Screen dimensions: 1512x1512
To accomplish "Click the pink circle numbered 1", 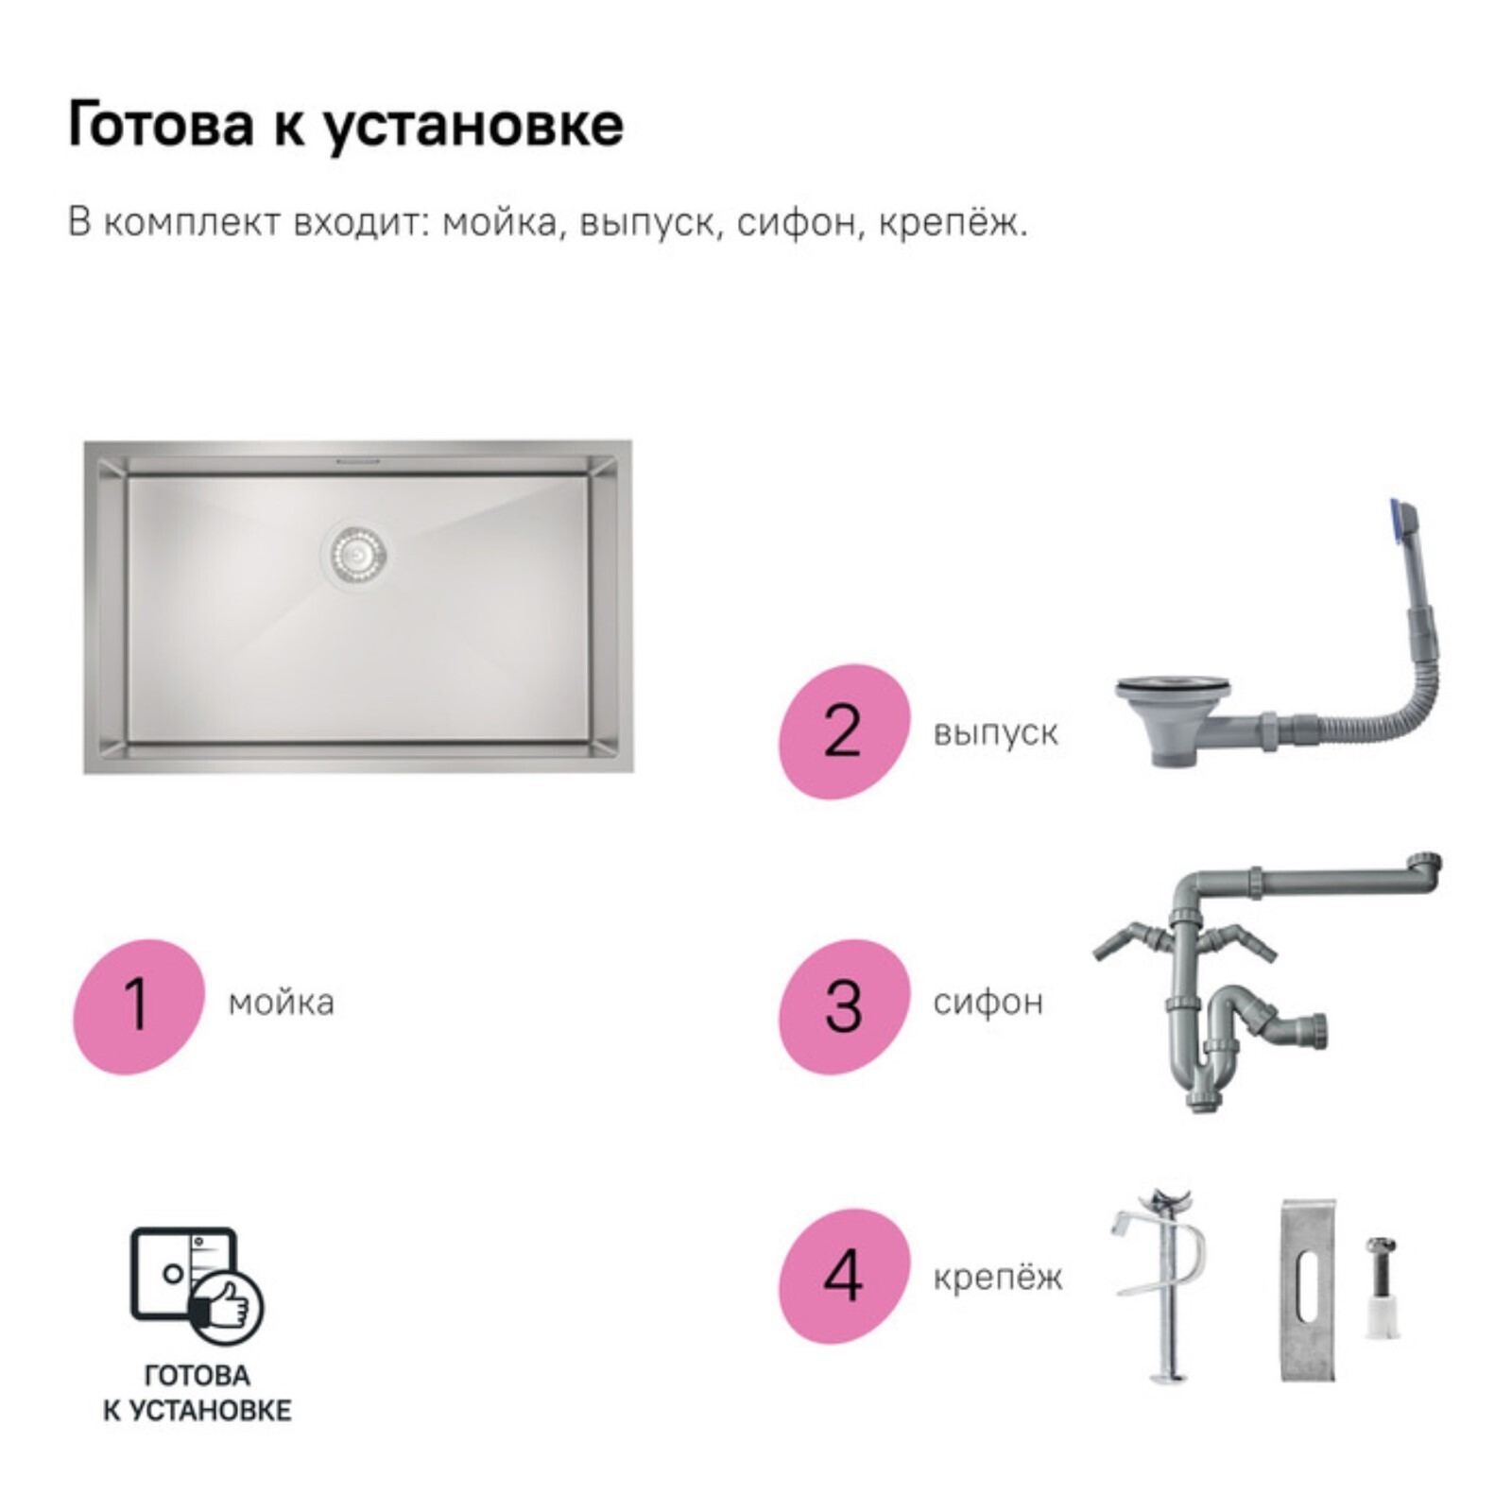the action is coord(139,1006).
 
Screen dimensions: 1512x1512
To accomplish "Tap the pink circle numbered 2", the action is coord(844,731).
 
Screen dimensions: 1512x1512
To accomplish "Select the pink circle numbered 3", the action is coord(844,1006).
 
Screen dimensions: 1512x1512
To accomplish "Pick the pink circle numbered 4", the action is coord(844,1276).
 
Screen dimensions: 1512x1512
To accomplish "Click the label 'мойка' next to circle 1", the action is coord(281,1003).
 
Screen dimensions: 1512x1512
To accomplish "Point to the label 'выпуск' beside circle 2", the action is coord(995,733).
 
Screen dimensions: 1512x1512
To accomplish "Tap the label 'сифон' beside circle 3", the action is coord(988,1002).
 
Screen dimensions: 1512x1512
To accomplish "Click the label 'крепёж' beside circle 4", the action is coord(998,1278).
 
